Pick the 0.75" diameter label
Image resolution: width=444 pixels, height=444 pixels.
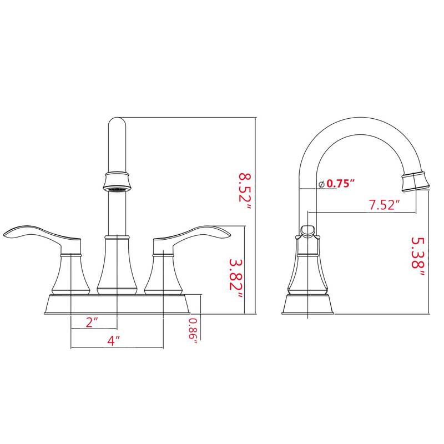click(340, 184)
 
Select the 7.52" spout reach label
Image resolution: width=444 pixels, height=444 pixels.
click(385, 205)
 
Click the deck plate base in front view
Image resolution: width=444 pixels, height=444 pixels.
click(118, 305)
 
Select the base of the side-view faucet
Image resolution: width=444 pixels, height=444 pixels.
click(308, 305)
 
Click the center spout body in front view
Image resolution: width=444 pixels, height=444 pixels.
click(117, 266)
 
